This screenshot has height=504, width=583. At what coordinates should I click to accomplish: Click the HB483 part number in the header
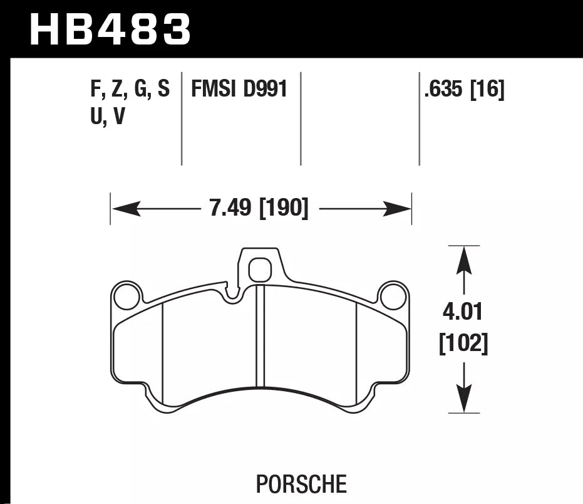[110, 29]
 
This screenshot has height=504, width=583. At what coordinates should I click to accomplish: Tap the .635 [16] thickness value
[464, 90]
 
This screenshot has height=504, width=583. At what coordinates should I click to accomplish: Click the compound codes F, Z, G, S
[130, 90]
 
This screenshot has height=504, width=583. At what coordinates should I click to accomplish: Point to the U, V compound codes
[107, 117]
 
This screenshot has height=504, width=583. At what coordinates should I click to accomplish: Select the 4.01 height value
[463, 312]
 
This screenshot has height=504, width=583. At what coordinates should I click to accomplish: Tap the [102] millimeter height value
[463, 343]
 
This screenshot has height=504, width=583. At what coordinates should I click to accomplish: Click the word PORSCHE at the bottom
[301, 484]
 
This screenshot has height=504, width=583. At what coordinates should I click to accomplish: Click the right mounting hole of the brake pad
[393, 297]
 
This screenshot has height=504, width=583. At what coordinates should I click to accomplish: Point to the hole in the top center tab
[259, 270]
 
